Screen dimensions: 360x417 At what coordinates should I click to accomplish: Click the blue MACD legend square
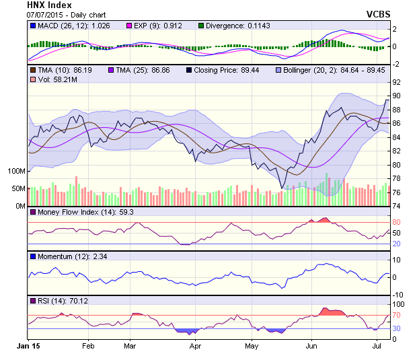pos(32,25)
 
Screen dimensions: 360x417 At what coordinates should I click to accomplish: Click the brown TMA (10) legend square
pos(32,69)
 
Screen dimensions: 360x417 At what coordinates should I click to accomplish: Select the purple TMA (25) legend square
pos(112,69)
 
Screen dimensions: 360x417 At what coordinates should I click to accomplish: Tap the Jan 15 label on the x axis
pos(28,346)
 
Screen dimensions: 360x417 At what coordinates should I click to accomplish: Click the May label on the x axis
pos(252,346)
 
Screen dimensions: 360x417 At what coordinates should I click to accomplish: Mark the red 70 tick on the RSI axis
pos(397,315)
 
